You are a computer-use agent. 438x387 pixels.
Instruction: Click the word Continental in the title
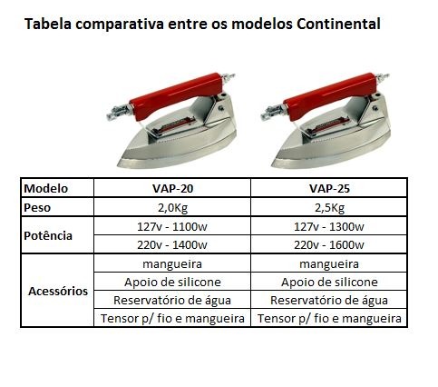coord(338,24)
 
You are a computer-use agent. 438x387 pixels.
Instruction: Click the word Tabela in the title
coord(48,24)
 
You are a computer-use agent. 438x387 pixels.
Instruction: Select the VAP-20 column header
coord(172,189)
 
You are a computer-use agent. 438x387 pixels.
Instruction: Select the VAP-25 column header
coord(329,189)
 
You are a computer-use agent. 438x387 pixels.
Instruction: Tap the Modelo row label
coord(45,189)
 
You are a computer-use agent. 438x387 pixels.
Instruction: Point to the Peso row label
coord(37,208)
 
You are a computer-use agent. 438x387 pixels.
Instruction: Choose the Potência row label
coord(48,235)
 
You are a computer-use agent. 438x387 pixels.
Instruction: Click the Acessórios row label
coord(58,291)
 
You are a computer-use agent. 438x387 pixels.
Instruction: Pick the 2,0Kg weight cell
coord(172,208)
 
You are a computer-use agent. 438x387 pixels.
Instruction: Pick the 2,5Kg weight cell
coord(329,208)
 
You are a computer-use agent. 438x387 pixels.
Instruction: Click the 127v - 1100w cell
coord(172,226)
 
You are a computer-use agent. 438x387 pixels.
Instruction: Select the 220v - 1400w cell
coord(172,244)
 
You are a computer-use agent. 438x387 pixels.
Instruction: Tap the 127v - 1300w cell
coord(329,226)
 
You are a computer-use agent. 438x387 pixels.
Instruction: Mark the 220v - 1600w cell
coord(329,244)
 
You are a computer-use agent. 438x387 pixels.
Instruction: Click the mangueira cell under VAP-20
coord(172,264)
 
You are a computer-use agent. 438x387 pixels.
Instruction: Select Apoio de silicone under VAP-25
coord(329,283)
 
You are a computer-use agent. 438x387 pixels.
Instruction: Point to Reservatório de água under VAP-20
coord(172,301)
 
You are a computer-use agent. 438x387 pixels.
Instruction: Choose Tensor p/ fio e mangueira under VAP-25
coord(329,319)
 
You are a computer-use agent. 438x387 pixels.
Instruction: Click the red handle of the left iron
coord(177,95)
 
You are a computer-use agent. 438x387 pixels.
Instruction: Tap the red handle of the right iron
coord(331,95)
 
